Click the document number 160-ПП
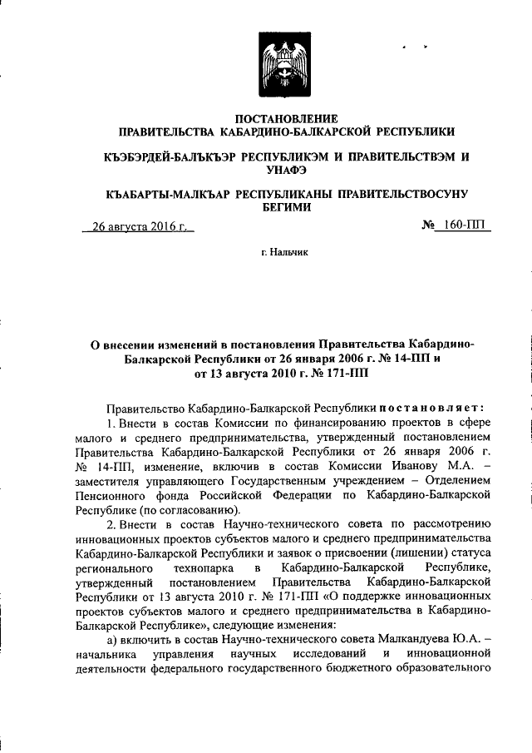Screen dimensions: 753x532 tap(468, 225)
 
